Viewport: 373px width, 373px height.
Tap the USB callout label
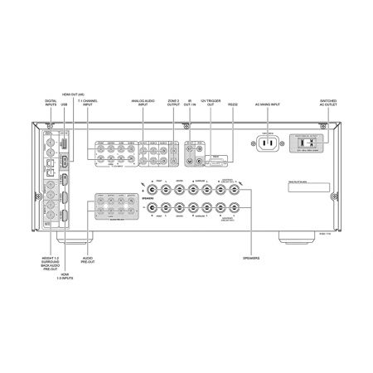[x=65, y=105]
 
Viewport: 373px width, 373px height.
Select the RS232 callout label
[x=232, y=105]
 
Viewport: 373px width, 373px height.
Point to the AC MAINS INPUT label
[x=268, y=105]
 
